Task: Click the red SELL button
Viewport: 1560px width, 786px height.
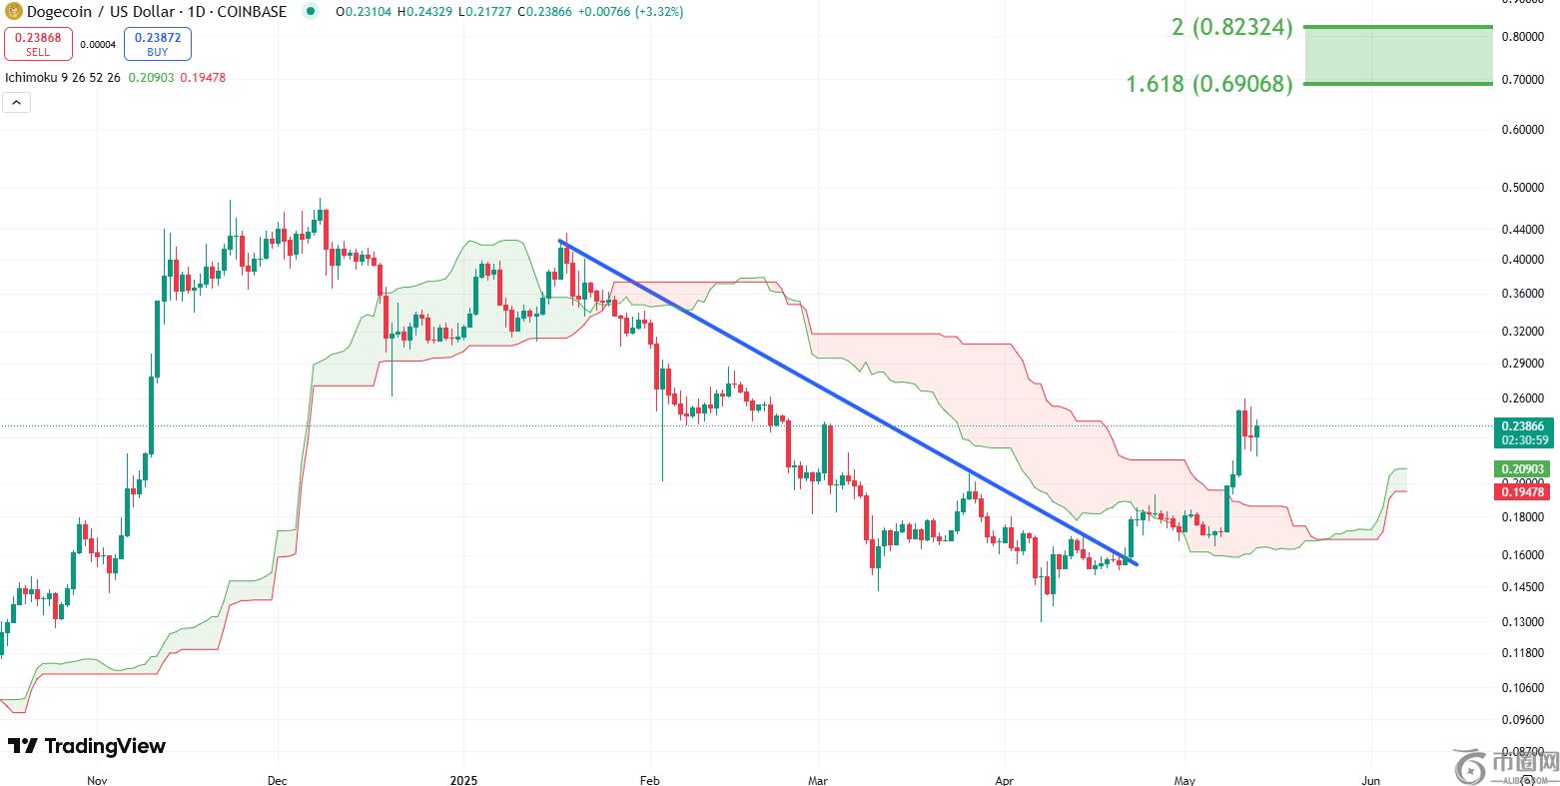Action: pos(38,44)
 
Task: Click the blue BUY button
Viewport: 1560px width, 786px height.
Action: pos(157,44)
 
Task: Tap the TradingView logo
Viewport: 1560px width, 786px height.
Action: pos(87,746)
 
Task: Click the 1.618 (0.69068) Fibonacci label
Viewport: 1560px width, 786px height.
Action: pos(1208,84)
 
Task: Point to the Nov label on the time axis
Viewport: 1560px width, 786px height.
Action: pos(97,779)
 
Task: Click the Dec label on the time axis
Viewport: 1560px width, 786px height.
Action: pos(278,779)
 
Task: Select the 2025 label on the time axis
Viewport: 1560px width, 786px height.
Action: pos(464,779)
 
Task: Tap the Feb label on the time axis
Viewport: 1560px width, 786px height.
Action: pos(649,779)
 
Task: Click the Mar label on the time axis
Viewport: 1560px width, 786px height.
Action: pos(817,779)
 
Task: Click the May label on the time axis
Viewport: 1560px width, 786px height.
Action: pos(1185,779)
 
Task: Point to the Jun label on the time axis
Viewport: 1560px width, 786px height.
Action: pos(1371,779)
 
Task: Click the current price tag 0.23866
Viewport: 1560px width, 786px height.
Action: pos(1522,425)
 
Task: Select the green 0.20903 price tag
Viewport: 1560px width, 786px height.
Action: pos(1522,468)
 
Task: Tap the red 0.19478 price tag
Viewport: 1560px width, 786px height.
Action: pos(1522,491)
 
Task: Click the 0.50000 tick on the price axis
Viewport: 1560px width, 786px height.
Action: pos(1522,188)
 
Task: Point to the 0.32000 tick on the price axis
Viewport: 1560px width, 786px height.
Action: pos(1522,332)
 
